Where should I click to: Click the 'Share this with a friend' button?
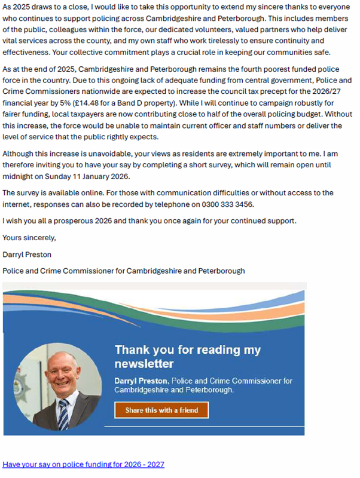click(x=161, y=410)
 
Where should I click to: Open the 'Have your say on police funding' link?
click(x=83, y=464)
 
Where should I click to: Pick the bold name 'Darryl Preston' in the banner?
click(x=142, y=381)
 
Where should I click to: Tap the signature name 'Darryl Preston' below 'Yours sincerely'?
click(x=27, y=254)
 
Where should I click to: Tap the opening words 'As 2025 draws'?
click(x=29, y=10)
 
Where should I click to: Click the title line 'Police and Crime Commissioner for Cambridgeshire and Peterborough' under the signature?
click(x=124, y=271)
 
